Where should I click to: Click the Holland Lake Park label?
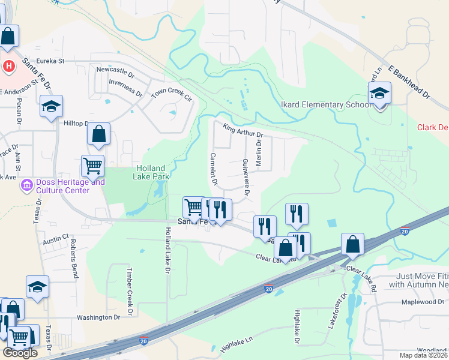pos(152,172)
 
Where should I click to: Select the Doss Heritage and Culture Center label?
pos(63,186)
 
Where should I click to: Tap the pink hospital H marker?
pos(10,65)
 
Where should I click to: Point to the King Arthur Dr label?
pos(243,130)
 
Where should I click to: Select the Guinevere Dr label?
pos(246,177)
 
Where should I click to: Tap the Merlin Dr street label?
pos(259,153)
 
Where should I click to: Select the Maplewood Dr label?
pos(421,302)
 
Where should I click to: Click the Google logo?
pos(20,353)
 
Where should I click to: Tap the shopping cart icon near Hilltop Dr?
pos(92,165)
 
